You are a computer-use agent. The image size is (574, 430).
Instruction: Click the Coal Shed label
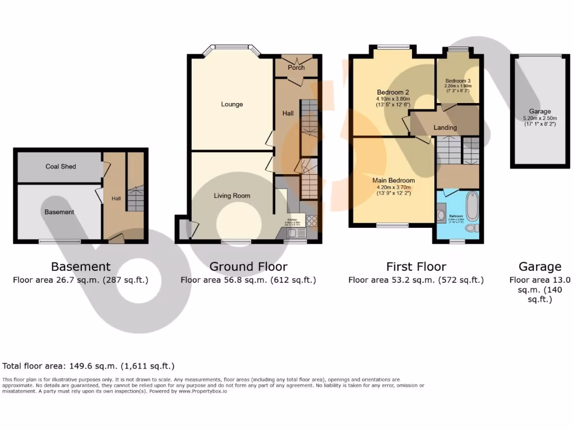pos(61,166)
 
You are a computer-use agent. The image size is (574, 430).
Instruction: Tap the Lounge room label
pos(232,104)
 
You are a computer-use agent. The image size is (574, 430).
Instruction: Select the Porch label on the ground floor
pos(296,67)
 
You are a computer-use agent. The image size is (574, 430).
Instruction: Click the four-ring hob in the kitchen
pos(312,221)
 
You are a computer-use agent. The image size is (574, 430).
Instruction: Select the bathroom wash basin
pos(441,216)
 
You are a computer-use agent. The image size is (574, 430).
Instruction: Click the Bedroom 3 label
pos(458,81)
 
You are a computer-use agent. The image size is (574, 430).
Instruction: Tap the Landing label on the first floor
pos(445,128)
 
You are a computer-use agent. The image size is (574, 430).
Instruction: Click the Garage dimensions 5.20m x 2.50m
pos(540,118)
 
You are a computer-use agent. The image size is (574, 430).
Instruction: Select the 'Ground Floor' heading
pos(248,267)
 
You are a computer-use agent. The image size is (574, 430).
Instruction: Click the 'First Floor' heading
pos(416,267)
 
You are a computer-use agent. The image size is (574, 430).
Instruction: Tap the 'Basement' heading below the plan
pos(81,267)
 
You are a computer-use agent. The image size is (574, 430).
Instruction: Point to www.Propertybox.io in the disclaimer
pos(202,391)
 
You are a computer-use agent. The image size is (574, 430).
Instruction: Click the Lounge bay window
pos(232,48)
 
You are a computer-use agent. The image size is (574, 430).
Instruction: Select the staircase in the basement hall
pos(135,199)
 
